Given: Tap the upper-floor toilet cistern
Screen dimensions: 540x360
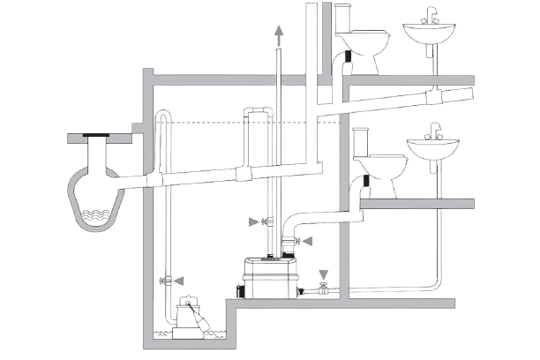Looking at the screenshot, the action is point(344,19).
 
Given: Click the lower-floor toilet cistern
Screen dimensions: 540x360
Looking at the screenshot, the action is point(361,141).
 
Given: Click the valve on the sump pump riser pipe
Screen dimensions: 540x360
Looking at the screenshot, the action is point(167,280).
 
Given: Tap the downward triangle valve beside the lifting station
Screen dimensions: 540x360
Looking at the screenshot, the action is point(323,276).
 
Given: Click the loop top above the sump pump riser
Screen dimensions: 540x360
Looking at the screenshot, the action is point(166,118).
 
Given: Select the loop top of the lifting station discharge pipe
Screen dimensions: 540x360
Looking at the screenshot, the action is point(256,112).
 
